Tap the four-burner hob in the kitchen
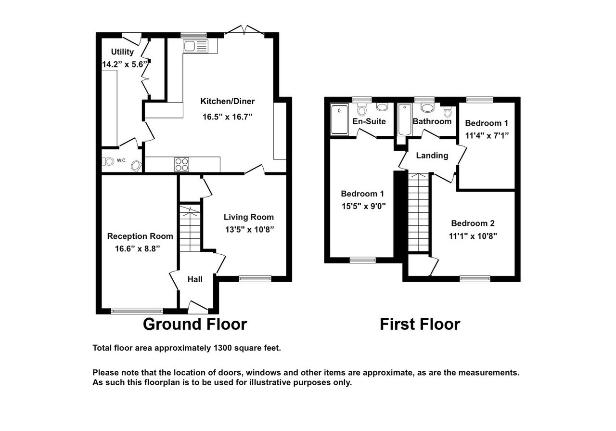click(x=182, y=164)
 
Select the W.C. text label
click(x=121, y=161)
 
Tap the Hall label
click(x=195, y=279)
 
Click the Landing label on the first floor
click(x=432, y=156)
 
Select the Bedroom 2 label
click(x=473, y=223)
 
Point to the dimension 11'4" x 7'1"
click(x=486, y=135)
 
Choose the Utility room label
click(x=122, y=52)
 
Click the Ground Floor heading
click(x=194, y=324)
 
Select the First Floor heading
click(x=420, y=324)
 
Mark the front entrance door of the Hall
click(x=197, y=306)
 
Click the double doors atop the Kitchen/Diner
click(x=244, y=31)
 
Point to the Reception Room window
click(x=137, y=311)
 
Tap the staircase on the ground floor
click(x=190, y=228)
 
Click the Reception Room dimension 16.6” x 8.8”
click(x=137, y=248)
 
